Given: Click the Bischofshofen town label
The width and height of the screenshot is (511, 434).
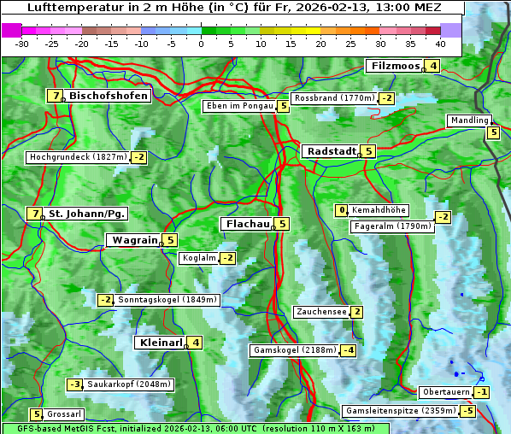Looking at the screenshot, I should (x=109, y=96).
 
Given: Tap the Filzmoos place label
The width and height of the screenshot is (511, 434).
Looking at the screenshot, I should (x=395, y=66).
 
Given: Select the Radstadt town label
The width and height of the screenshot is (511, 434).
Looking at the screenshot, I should (x=330, y=151).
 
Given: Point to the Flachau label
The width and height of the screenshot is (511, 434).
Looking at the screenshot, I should (x=247, y=224).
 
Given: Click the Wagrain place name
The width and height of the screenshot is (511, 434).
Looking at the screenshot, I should (x=134, y=241).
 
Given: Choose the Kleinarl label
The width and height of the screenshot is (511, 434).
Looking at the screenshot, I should (x=160, y=343).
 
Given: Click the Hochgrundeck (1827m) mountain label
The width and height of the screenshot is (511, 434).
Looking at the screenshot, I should (x=78, y=157).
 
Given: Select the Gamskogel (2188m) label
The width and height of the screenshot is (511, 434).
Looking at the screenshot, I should (x=294, y=350).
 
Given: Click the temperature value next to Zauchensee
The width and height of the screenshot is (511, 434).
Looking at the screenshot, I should (x=356, y=312).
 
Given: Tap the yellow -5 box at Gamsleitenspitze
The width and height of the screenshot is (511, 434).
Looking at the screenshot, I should (x=467, y=411).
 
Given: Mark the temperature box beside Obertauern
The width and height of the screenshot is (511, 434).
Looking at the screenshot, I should (x=483, y=392).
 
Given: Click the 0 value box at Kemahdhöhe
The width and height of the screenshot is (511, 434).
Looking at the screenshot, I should (x=342, y=210).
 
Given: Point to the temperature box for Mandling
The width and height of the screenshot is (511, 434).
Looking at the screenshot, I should (x=493, y=132).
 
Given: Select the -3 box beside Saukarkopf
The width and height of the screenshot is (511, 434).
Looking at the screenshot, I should (x=75, y=384).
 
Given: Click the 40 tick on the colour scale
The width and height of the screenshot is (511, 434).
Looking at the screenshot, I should (x=440, y=44).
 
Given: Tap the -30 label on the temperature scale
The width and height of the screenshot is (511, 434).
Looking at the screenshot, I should (x=22, y=44).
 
